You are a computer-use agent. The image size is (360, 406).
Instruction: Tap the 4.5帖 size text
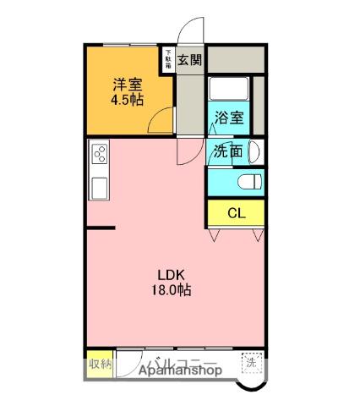[127, 99]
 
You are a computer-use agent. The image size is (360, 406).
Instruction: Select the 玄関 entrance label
[190, 59]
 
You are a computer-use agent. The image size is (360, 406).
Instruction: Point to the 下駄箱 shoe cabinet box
[168, 59]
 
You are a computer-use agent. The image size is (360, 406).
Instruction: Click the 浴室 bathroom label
[228, 118]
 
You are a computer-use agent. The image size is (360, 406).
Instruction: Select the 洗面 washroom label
[228, 152]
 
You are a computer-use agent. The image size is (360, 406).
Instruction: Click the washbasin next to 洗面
[256, 152]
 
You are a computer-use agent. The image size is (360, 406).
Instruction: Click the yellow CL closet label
[236, 213]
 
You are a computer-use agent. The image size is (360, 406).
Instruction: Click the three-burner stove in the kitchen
[99, 156]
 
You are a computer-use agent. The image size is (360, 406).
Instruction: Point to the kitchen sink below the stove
[98, 187]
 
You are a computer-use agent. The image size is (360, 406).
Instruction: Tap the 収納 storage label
[99, 365]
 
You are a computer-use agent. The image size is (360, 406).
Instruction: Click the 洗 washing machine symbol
[251, 363]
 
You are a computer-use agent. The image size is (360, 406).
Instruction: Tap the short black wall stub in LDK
[101, 227]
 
